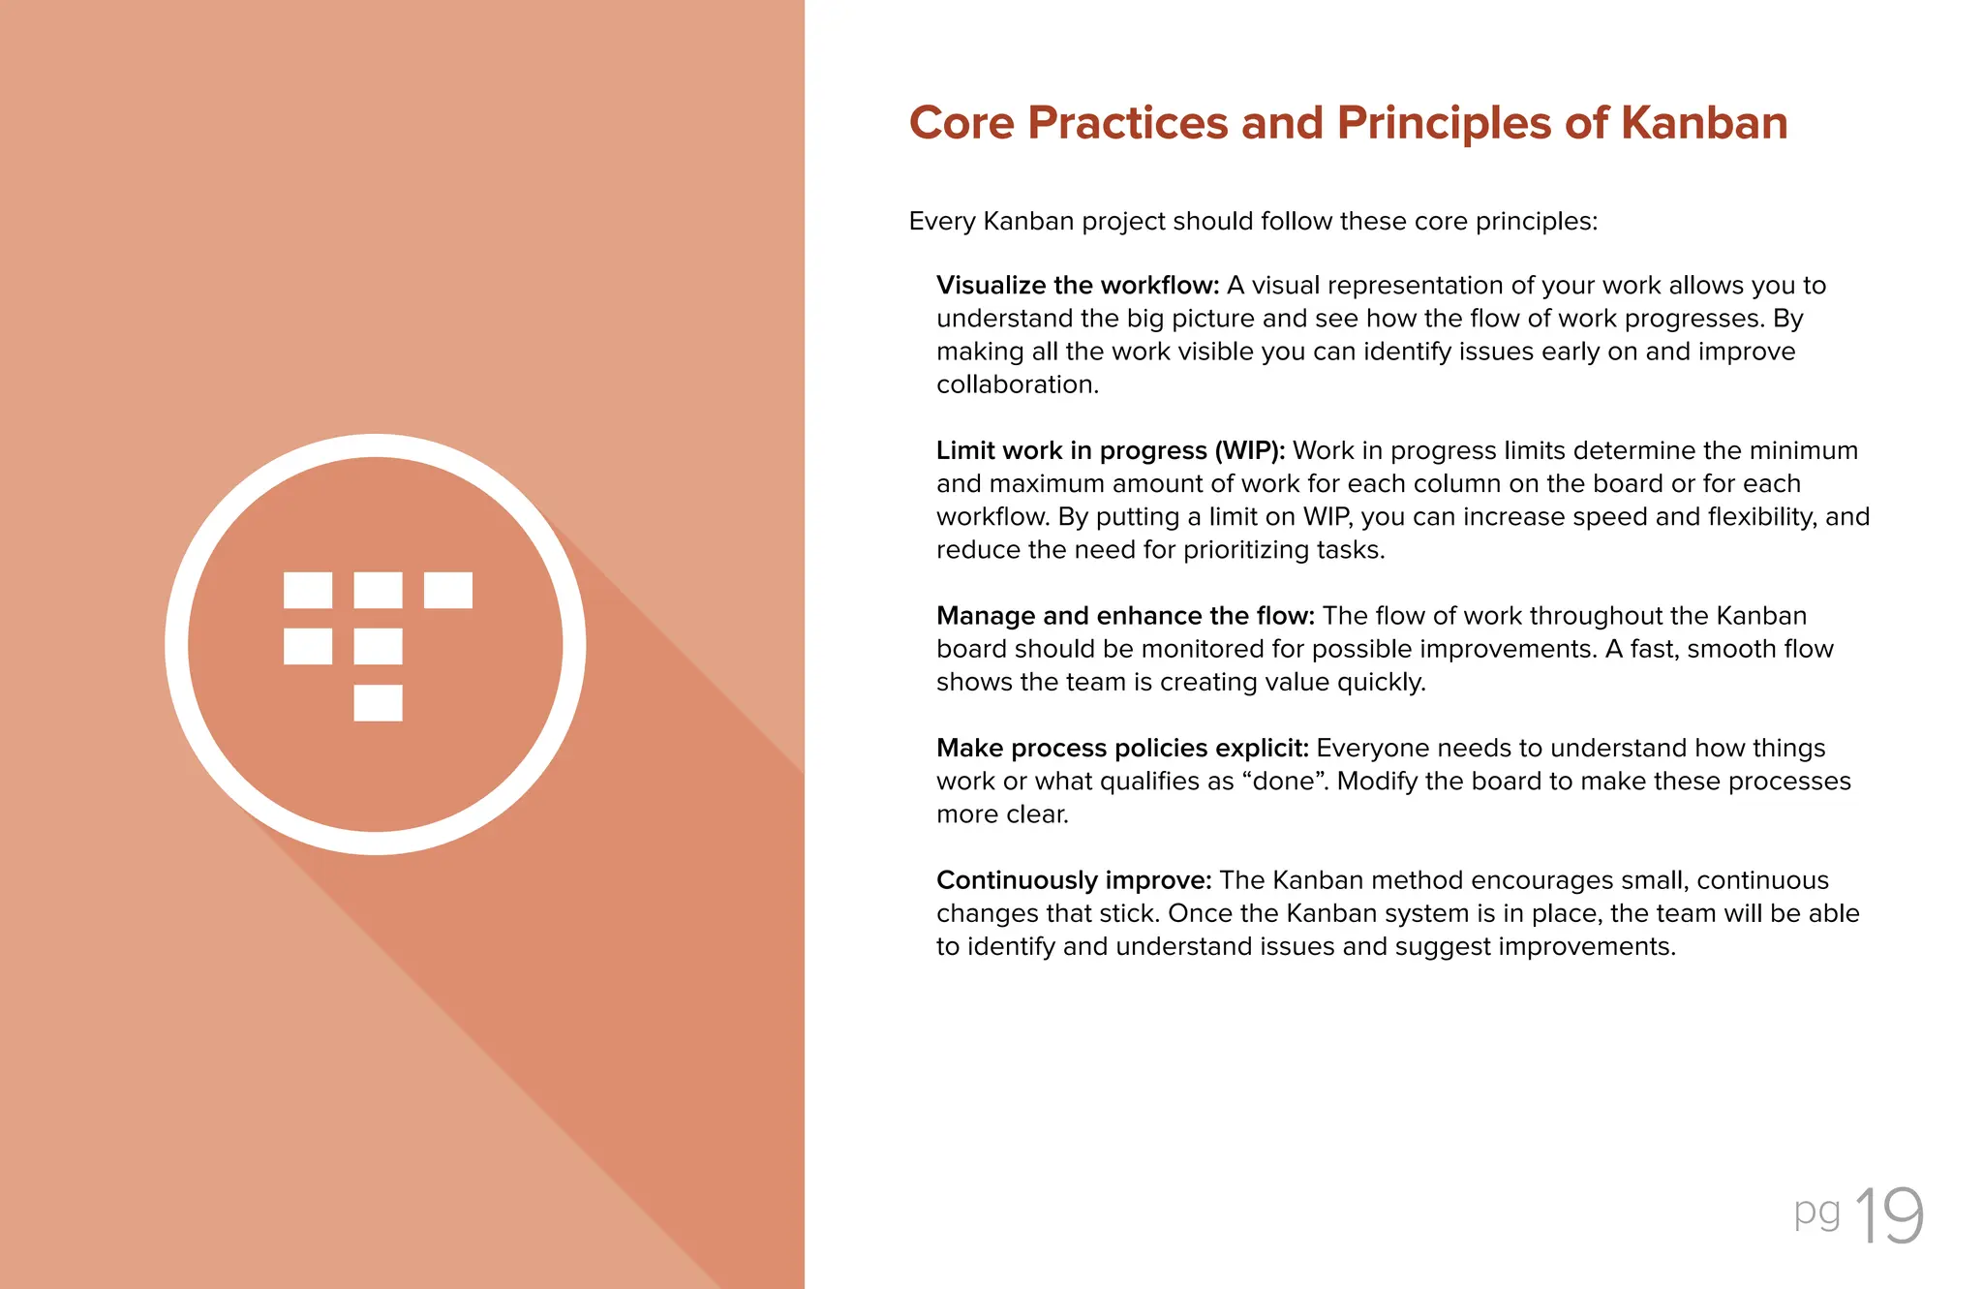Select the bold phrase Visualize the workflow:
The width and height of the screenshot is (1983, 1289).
pyautogui.click(x=1077, y=286)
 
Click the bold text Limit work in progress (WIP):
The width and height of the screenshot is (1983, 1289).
pyautogui.click(x=1110, y=451)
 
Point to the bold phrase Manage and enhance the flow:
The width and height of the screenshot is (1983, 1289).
pyautogui.click(x=1124, y=616)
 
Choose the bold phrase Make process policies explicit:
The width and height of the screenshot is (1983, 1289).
pyautogui.click(x=1121, y=749)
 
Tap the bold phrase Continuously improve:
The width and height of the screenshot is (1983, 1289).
pyautogui.click(x=1073, y=880)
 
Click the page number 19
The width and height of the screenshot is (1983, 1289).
pyautogui.click(x=1889, y=1216)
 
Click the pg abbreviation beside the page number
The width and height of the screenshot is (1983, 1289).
pyautogui.click(x=1816, y=1212)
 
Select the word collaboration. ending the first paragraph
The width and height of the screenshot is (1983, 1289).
pyautogui.click(x=1017, y=385)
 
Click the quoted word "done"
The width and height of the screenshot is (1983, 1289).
pyautogui.click(x=1284, y=782)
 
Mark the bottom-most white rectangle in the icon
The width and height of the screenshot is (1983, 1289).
pyautogui.click(x=378, y=703)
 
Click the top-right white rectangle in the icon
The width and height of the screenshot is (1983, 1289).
pyautogui.click(x=448, y=590)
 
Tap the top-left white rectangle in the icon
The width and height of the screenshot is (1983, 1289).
pyautogui.click(x=308, y=590)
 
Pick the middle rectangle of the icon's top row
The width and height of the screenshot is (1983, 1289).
pyautogui.click(x=378, y=590)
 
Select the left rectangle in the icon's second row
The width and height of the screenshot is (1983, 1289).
pyautogui.click(x=308, y=646)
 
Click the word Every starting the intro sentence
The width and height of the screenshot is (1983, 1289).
pyautogui.click(x=941, y=222)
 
